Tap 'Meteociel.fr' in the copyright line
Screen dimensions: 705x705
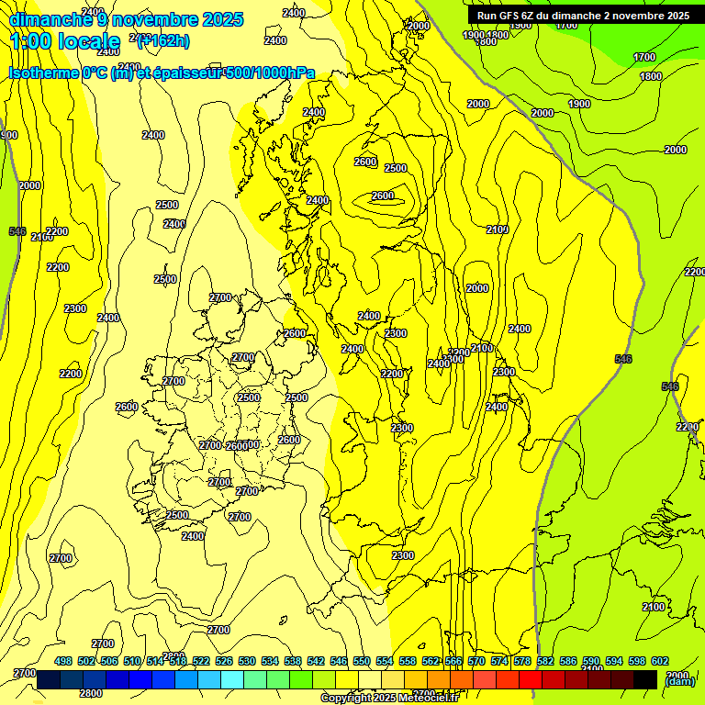pyautogui.click(x=426, y=698)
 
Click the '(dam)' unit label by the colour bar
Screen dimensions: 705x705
pyautogui.click(x=678, y=680)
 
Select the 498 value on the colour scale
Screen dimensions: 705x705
pyautogui.click(x=63, y=661)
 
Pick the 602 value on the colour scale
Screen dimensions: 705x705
pyautogui.click(x=660, y=661)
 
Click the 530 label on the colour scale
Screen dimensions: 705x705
pyautogui.click(x=247, y=661)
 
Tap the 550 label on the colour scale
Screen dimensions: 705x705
pyautogui.click(x=362, y=661)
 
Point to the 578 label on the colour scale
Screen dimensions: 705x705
pyautogui.click(x=522, y=661)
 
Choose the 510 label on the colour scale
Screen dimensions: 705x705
pyautogui.click(x=132, y=661)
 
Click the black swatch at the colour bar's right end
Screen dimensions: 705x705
pyautogui.click(x=645, y=679)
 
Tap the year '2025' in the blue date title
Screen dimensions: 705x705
pyautogui.click(x=222, y=19)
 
